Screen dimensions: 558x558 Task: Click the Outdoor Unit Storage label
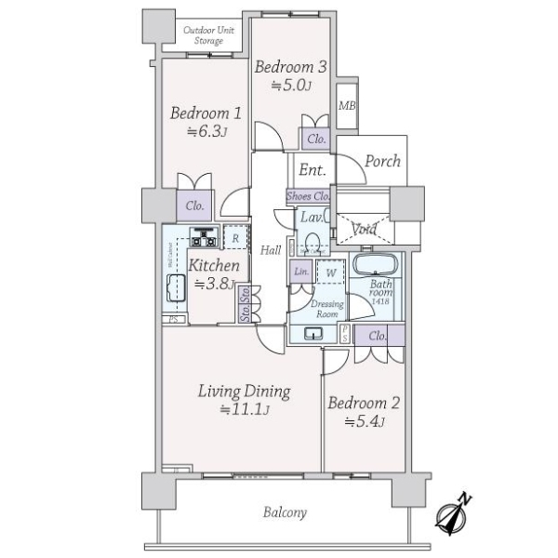tap(207, 35)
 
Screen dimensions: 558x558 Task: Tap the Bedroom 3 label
tap(291, 67)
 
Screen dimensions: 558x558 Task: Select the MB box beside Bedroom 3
tap(347, 105)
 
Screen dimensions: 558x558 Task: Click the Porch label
tap(381, 161)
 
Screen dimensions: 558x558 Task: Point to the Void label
tap(364, 229)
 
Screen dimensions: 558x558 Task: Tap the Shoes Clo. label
tap(309, 196)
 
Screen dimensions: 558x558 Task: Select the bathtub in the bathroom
tap(377, 264)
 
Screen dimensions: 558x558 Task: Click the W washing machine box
tap(328, 273)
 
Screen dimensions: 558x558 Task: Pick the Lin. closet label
tap(301, 272)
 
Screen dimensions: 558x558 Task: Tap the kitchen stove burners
tap(203, 238)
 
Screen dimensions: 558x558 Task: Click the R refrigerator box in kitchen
tap(236, 238)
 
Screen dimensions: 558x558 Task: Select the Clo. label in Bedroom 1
tap(195, 206)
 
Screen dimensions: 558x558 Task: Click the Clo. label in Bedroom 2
tap(378, 336)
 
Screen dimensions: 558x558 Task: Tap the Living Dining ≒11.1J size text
tap(245, 409)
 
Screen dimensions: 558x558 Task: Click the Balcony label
tap(285, 512)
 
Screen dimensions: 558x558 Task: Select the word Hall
tap(271, 250)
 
